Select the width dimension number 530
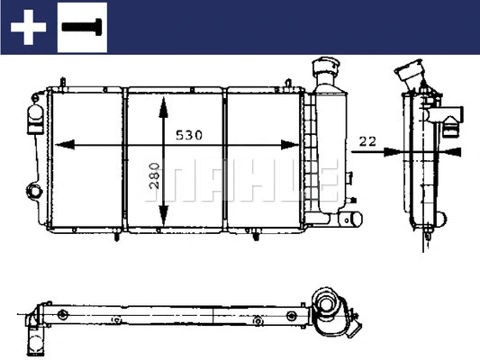pos(188,135)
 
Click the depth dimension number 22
pos(367,140)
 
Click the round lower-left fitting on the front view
pos(34,191)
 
